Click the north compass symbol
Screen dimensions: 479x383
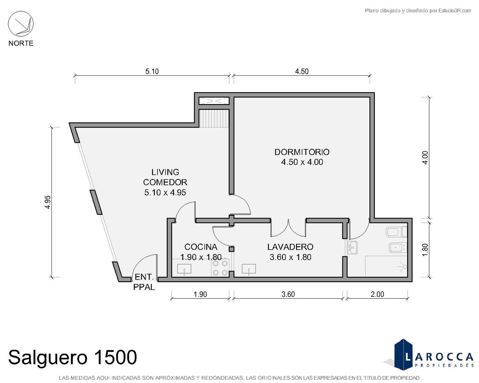[21, 24]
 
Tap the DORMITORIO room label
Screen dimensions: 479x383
[302, 152]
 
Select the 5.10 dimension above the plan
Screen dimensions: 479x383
[152, 71]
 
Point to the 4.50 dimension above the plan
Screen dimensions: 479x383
[302, 71]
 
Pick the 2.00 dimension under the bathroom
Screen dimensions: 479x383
[377, 294]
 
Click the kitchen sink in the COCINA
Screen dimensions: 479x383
[184, 269]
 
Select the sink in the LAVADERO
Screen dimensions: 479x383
[249, 269]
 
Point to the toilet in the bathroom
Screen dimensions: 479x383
[397, 232]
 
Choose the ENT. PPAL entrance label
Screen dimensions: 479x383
[144, 282]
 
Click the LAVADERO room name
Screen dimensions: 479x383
[290, 247]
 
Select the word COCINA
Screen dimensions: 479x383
[201, 247]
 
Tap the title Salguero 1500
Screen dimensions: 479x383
[72, 357]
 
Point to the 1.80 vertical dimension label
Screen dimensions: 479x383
[425, 250]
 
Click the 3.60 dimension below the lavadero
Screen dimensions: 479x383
[288, 294]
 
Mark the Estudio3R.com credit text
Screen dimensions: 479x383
[418, 11]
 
